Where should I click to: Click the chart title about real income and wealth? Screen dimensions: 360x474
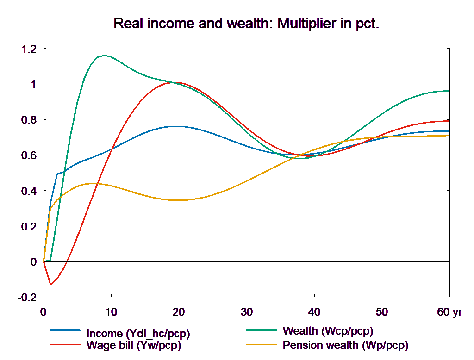tap(246, 24)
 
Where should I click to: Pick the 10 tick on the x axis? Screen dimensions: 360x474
tap(111, 312)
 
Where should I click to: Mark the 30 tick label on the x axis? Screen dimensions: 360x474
tap(246, 312)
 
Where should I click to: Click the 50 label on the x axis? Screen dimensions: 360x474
tap(381, 312)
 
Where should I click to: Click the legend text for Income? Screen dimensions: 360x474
tap(138, 334)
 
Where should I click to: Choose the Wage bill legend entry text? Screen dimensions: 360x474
tap(133, 345)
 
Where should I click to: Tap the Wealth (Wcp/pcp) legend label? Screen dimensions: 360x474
tap(327, 331)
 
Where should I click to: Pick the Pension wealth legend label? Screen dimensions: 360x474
tap(345, 345)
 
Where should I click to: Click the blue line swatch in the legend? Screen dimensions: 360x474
tap(66, 330)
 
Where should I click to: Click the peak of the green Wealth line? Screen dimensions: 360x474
tap(105, 55)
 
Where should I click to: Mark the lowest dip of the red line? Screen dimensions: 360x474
tap(50, 284)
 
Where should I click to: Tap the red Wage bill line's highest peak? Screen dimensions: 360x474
tap(179, 82)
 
